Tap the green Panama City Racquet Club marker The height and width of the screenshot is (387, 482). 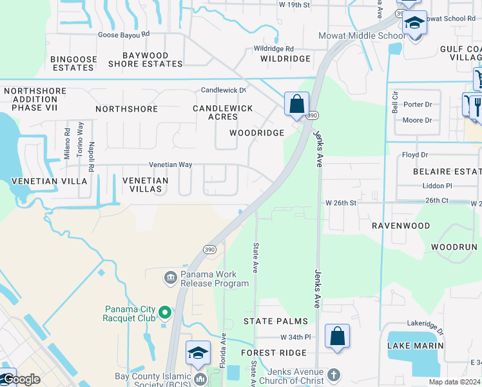pyautogui.click(x=165, y=313)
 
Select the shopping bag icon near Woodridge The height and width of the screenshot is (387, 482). pyautogui.click(x=296, y=104)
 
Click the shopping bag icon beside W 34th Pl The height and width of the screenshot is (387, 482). pyautogui.click(x=337, y=336)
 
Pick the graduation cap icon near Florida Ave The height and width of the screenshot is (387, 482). pyautogui.click(x=198, y=353)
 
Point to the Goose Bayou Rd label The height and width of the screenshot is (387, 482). pyautogui.click(x=123, y=35)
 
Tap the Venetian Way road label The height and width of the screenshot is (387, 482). pyautogui.click(x=171, y=164)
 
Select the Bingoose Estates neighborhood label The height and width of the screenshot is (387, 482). pyautogui.click(x=73, y=63)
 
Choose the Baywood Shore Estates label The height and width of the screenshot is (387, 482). pyautogui.click(x=145, y=60)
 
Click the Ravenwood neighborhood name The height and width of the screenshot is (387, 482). pyautogui.click(x=401, y=226)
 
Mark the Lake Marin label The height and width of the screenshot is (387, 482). pyautogui.click(x=415, y=346)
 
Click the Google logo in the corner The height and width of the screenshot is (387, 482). pyautogui.click(x=21, y=379)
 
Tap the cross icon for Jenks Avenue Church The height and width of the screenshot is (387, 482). pyautogui.click(x=333, y=374)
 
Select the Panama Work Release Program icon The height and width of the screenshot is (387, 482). pyautogui.click(x=171, y=278)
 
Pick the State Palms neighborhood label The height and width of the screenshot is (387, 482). pyautogui.click(x=275, y=321)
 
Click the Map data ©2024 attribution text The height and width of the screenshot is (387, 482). pyautogui.click(x=454, y=382)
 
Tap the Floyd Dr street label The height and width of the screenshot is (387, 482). pyautogui.click(x=415, y=155)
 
